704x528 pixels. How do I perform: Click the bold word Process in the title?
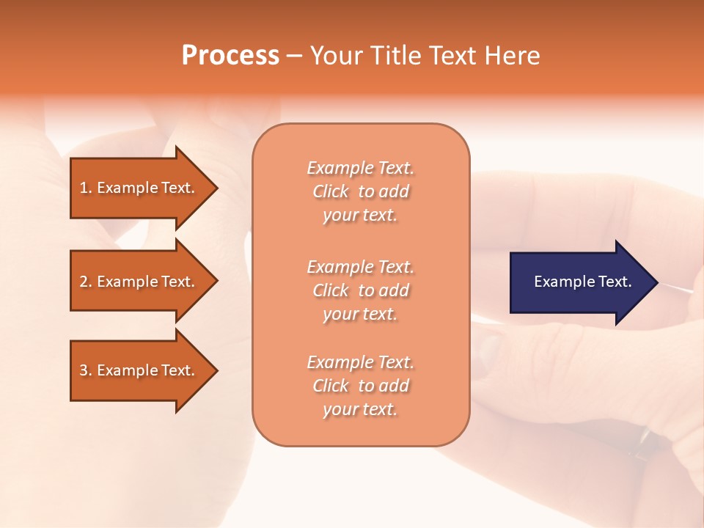click(x=230, y=56)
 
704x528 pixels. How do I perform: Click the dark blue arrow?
click(x=579, y=282)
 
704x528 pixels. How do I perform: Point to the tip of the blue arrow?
click(x=656, y=282)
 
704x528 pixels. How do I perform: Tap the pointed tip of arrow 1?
click(x=216, y=188)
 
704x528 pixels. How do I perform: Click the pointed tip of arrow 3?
click(x=216, y=370)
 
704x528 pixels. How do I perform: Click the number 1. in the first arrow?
click(x=85, y=188)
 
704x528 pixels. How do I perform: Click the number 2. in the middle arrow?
click(x=85, y=282)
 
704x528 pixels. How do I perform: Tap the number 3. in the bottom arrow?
click(x=85, y=370)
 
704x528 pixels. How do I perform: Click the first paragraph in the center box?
click(x=360, y=191)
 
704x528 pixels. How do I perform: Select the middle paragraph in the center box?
click(x=360, y=290)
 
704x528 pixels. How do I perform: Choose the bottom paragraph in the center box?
click(x=360, y=386)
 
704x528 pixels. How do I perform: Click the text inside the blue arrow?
click(x=583, y=282)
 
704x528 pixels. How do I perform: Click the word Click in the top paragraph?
click(x=331, y=191)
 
